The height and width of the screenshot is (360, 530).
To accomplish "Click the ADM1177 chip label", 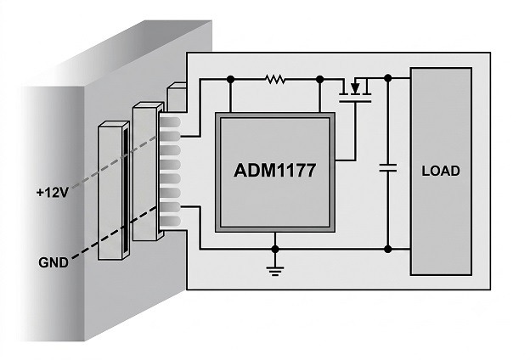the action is pyautogui.click(x=275, y=171).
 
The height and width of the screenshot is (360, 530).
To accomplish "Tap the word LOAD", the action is pyautogui.click(x=441, y=171).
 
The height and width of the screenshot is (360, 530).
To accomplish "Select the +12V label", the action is pyautogui.click(x=53, y=193).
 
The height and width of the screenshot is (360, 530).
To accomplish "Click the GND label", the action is pyautogui.click(x=54, y=262).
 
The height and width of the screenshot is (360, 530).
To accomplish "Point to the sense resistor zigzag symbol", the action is pyautogui.click(x=275, y=80).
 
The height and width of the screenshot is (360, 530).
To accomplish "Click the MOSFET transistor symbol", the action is pyautogui.click(x=355, y=90).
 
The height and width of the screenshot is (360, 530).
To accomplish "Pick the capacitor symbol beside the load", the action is pyautogui.click(x=388, y=167).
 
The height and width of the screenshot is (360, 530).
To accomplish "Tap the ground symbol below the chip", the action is pyautogui.click(x=275, y=271).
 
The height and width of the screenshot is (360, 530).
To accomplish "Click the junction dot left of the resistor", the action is pyautogui.click(x=230, y=80).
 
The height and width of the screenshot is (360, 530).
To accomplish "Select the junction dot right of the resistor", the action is pyautogui.click(x=319, y=80).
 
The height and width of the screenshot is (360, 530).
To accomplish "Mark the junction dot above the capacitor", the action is pyautogui.click(x=388, y=78).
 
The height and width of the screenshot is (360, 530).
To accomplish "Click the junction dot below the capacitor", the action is pyautogui.click(x=388, y=250).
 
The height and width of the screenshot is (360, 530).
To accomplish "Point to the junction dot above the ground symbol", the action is pyautogui.click(x=275, y=250).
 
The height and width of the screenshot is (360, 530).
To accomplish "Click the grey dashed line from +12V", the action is pyautogui.click(x=115, y=161).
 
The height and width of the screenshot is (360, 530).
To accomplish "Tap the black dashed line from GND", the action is pyautogui.click(x=115, y=233).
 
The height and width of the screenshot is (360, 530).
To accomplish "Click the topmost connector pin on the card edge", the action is pyautogui.click(x=171, y=121).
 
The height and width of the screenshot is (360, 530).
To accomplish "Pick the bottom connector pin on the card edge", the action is pyautogui.click(x=171, y=221).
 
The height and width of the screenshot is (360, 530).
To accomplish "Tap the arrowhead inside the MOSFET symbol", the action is pyautogui.click(x=355, y=88).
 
